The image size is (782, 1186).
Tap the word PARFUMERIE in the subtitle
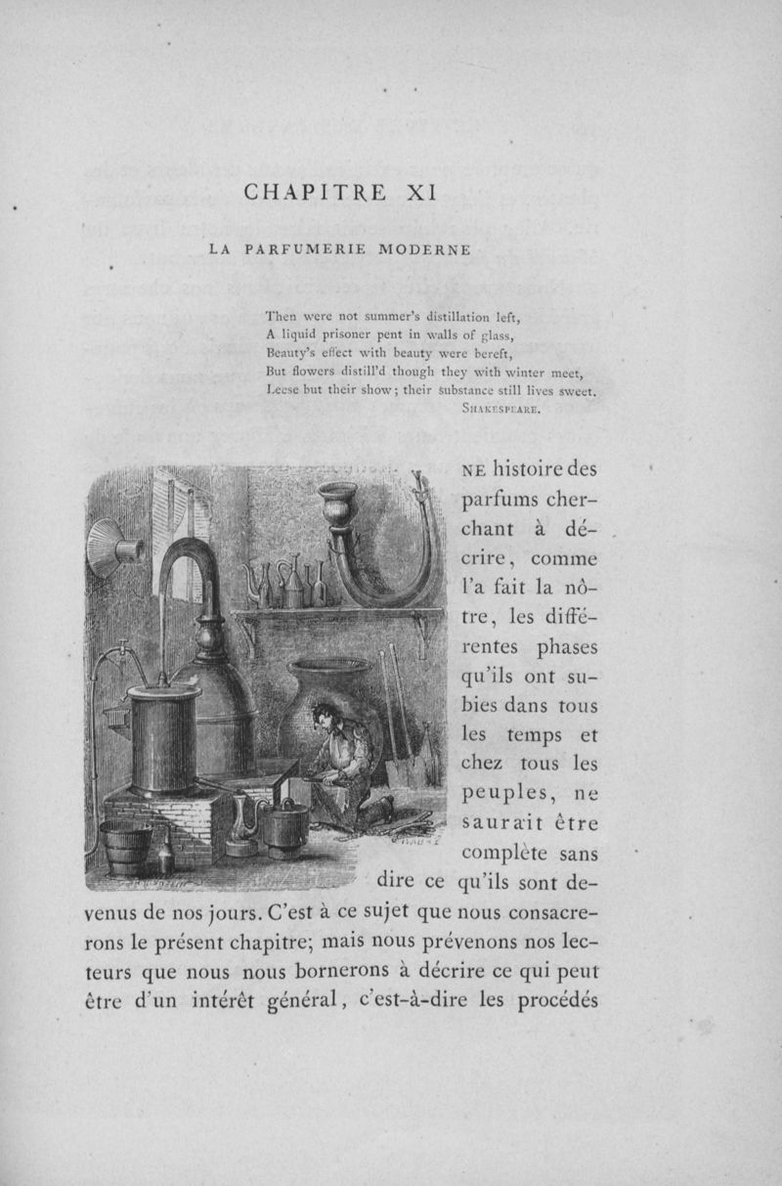click(x=305, y=249)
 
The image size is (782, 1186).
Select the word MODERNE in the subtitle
click(x=421, y=249)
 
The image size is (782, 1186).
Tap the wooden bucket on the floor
click(x=126, y=848)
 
